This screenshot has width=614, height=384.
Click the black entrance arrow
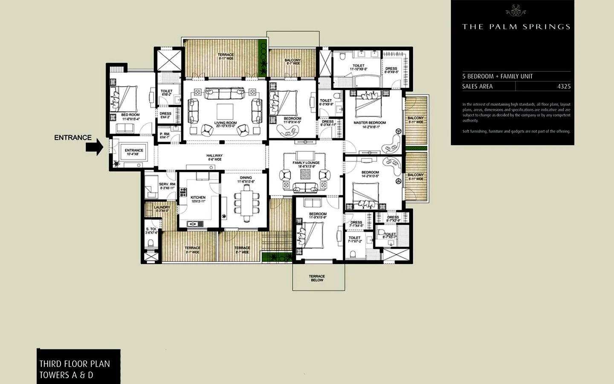coord(94,147)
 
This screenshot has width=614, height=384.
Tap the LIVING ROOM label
coord(226,123)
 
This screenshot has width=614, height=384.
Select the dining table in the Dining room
coord(247,205)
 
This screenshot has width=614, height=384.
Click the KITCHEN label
coord(198,198)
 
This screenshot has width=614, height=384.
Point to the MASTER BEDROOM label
coord(369,123)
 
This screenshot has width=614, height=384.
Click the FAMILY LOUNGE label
coord(306,163)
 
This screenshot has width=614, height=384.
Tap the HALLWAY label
coord(214,156)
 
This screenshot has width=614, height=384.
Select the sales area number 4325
coord(564,86)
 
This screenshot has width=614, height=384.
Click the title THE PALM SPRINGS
coord(516,26)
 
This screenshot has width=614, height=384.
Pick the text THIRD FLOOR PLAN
coord(75,364)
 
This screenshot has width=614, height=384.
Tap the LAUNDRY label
coord(162,207)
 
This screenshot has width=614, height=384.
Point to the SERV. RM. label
coord(167,184)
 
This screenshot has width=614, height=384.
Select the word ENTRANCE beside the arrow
coord(73,137)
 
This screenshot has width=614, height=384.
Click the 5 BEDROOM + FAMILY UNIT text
coord(497,76)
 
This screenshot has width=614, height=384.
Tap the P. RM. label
coord(165,134)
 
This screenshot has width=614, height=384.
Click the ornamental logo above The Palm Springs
coord(516,11)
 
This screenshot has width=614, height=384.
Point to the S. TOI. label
coord(151,229)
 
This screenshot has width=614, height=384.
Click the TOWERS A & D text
coord(66,375)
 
